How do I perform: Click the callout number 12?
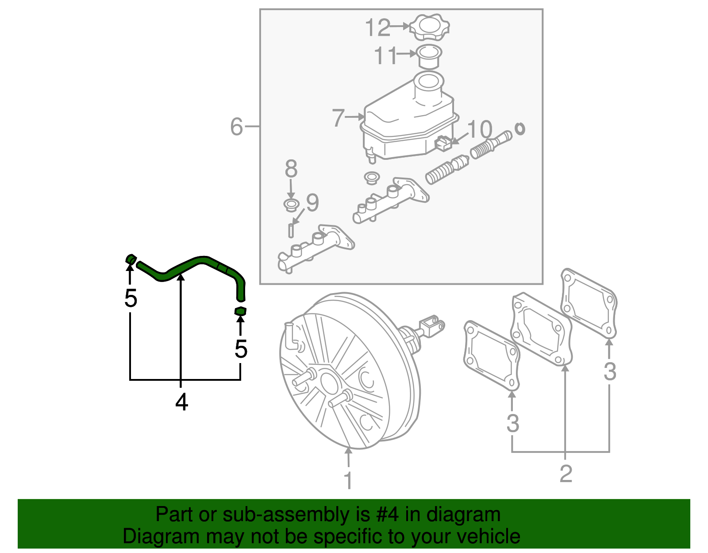tap(377, 28)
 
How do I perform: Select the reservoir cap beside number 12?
tap(429, 27)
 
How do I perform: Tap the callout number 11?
tap(385, 56)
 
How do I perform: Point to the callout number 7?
tap(339, 118)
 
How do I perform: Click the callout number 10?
tap(480, 129)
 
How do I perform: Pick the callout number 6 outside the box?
tap(237, 127)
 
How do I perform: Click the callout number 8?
tap(291, 169)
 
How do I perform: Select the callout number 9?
tap(312, 203)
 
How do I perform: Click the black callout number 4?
tap(181, 402)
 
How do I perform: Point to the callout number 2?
tap(566, 474)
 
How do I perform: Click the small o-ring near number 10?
tap(520, 129)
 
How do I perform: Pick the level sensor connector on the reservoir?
tap(443, 143)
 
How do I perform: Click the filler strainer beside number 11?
tap(429, 56)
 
